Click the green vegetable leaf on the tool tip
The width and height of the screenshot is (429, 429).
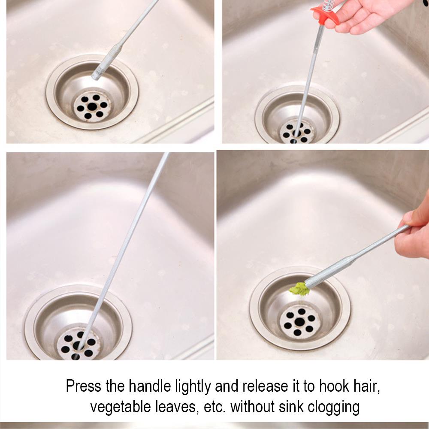(299, 290)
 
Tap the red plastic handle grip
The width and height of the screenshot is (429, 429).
(325, 13)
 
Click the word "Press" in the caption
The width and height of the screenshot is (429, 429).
(84, 386)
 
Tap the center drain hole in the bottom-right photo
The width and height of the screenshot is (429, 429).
(300, 322)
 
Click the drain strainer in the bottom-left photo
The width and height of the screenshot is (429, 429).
(79, 343)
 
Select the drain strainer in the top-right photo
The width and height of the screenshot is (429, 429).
(297, 132)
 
